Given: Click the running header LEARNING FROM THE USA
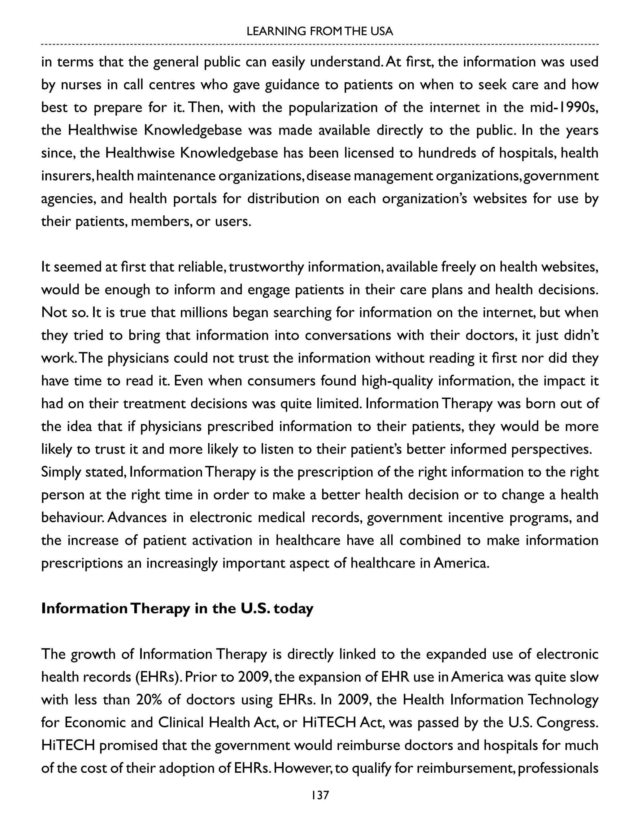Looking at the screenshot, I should pyautogui.click(x=319, y=31).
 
